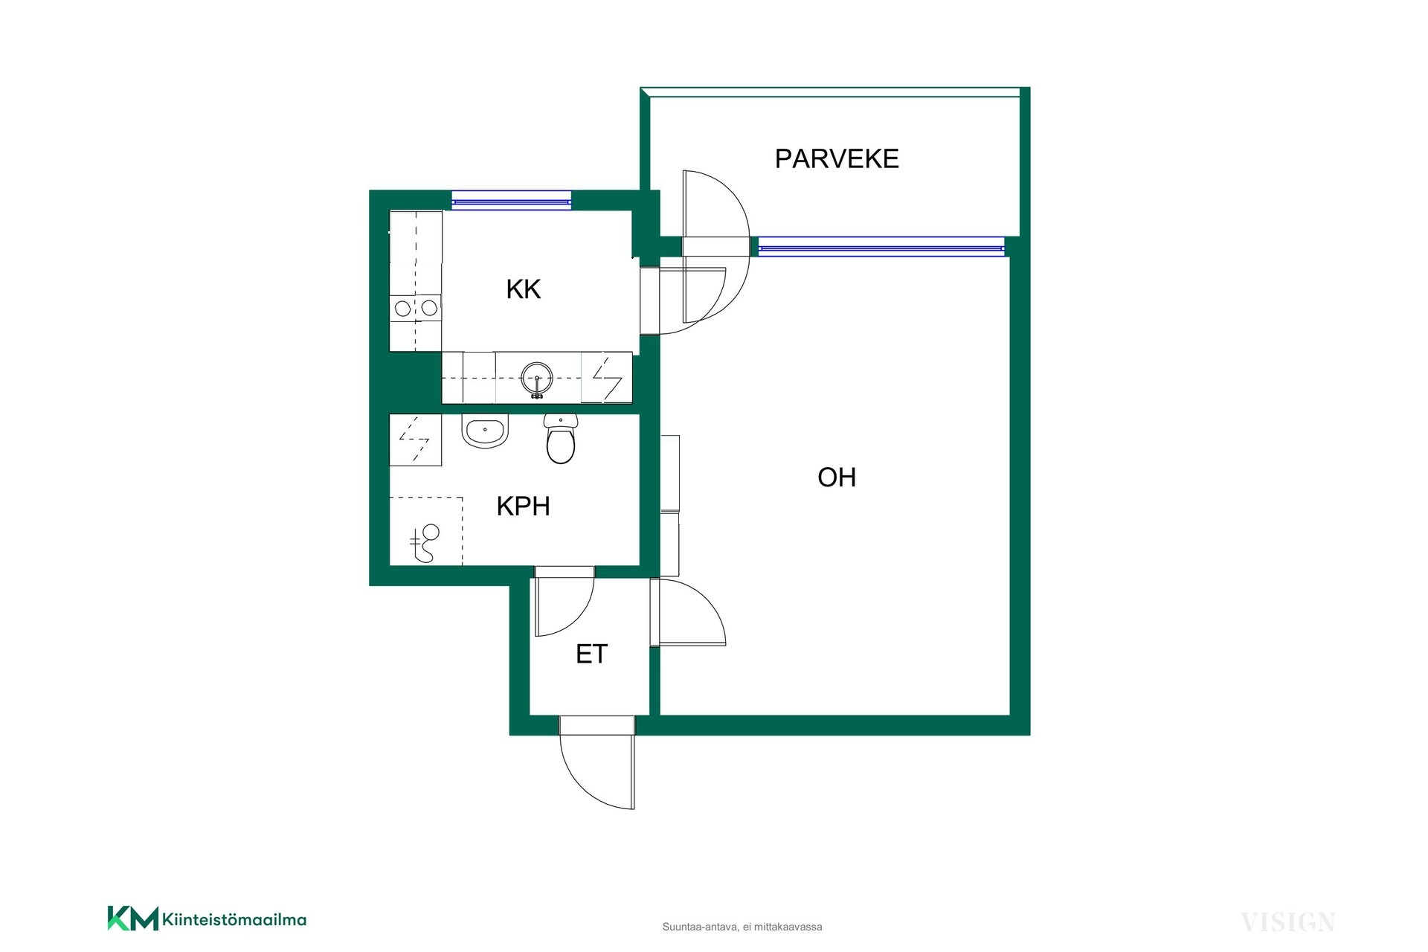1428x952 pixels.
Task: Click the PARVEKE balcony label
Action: (x=837, y=158)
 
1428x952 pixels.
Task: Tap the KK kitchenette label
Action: (x=524, y=289)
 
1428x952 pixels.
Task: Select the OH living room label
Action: (x=837, y=477)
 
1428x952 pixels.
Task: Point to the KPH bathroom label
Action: (x=524, y=506)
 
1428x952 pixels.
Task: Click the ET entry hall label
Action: (x=592, y=654)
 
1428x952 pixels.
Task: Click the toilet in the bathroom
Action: (x=560, y=439)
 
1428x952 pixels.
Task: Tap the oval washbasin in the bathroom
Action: (x=485, y=431)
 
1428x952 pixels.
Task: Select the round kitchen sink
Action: (x=537, y=379)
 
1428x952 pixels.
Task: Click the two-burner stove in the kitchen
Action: (x=415, y=307)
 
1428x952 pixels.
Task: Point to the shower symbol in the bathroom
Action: (x=425, y=543)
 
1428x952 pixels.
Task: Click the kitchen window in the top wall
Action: (x=512, y=200)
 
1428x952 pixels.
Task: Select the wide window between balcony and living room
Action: (x=881, y=246)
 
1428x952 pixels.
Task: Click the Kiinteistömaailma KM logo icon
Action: (x=133, y=919)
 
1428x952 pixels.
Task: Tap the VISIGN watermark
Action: (x=1288, y=923)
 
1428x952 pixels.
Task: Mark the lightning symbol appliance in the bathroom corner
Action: (x=415, y=440)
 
